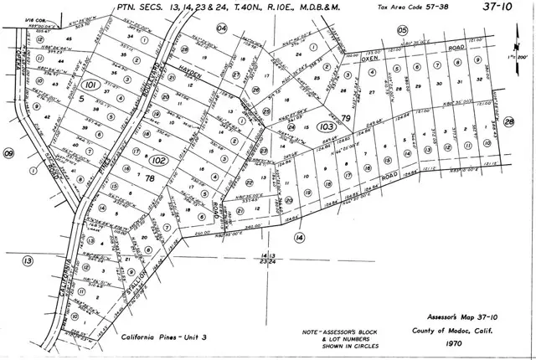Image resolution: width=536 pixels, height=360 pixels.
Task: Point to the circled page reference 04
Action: click(222, 28)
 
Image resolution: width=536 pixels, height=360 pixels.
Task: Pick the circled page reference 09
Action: click(9, 153)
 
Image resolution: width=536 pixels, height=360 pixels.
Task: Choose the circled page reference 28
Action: click(509, 122)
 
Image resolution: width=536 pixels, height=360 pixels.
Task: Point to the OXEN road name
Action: click(370, 59)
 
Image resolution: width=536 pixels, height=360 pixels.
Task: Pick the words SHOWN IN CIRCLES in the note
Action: click(341, 346)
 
